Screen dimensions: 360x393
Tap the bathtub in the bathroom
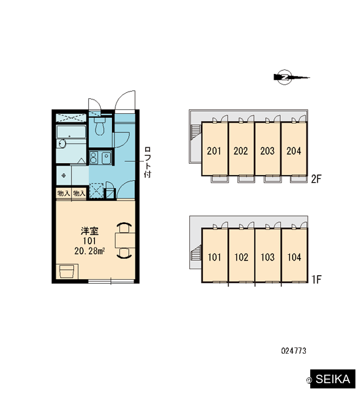point(71,132)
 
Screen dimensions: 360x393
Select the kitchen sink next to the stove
point(107,158)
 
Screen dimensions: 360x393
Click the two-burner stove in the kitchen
point(94,158)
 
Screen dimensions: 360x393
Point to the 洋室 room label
point(90,231)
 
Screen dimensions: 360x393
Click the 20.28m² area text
point(90,251)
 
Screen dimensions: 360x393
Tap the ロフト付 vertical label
point(147,162)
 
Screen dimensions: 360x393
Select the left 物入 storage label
point(63,193)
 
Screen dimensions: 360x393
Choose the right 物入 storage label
point(79,193)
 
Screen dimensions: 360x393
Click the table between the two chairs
point(125,240)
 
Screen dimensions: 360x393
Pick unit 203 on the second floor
point(268,151)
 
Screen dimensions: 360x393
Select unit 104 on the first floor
point(295,257)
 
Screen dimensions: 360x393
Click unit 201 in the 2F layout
point(215,151)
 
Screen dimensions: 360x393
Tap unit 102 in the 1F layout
point(242,257)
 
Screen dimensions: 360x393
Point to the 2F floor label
point(316,179)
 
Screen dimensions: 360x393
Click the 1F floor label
point(316,280)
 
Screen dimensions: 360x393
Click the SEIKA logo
point(333,379)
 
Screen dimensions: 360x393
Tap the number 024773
point(294,350)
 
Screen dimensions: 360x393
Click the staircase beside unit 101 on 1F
point(196,253)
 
